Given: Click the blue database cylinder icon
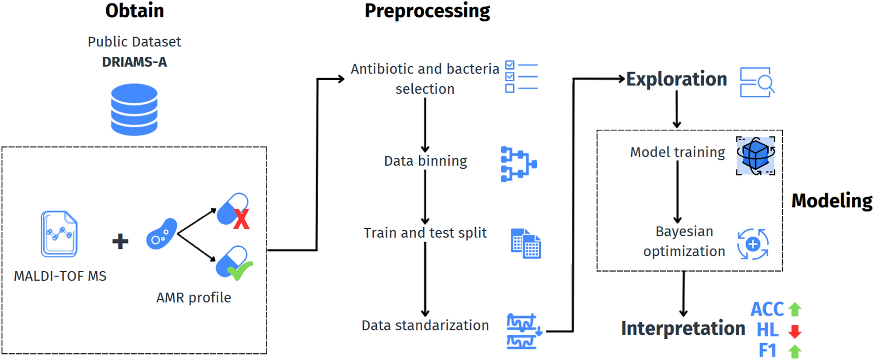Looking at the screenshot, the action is [x=134, y=109].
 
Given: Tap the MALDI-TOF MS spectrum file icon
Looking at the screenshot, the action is [x=59, y=234].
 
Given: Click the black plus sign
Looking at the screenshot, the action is [x=120, y=241].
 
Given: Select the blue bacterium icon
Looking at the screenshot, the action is [x=161, y=234].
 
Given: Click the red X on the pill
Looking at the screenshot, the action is [x=241, y=219].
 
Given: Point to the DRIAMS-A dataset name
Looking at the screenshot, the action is [x=134, y=62].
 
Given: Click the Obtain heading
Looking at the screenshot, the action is [x=134, y=11].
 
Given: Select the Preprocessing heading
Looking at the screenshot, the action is [x=427, y=11].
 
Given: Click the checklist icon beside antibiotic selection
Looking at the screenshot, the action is [x=521, y=77].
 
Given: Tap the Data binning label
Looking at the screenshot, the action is [x=426, y=161].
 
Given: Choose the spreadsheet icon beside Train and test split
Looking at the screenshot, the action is [x=526, y=243].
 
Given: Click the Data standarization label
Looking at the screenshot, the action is [x=425, y=325].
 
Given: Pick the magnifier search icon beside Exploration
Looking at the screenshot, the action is [x=757, y=82].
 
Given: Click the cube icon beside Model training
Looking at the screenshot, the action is [x=755, y=156].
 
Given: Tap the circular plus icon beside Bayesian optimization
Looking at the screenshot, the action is [x=753, y=244].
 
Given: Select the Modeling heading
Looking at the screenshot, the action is [x=832, y=201].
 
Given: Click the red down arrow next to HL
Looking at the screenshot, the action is [x=795, y=331].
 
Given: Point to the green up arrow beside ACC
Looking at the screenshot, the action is [x=795, y=309].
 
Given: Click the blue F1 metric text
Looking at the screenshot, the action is [x=767, y=351].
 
